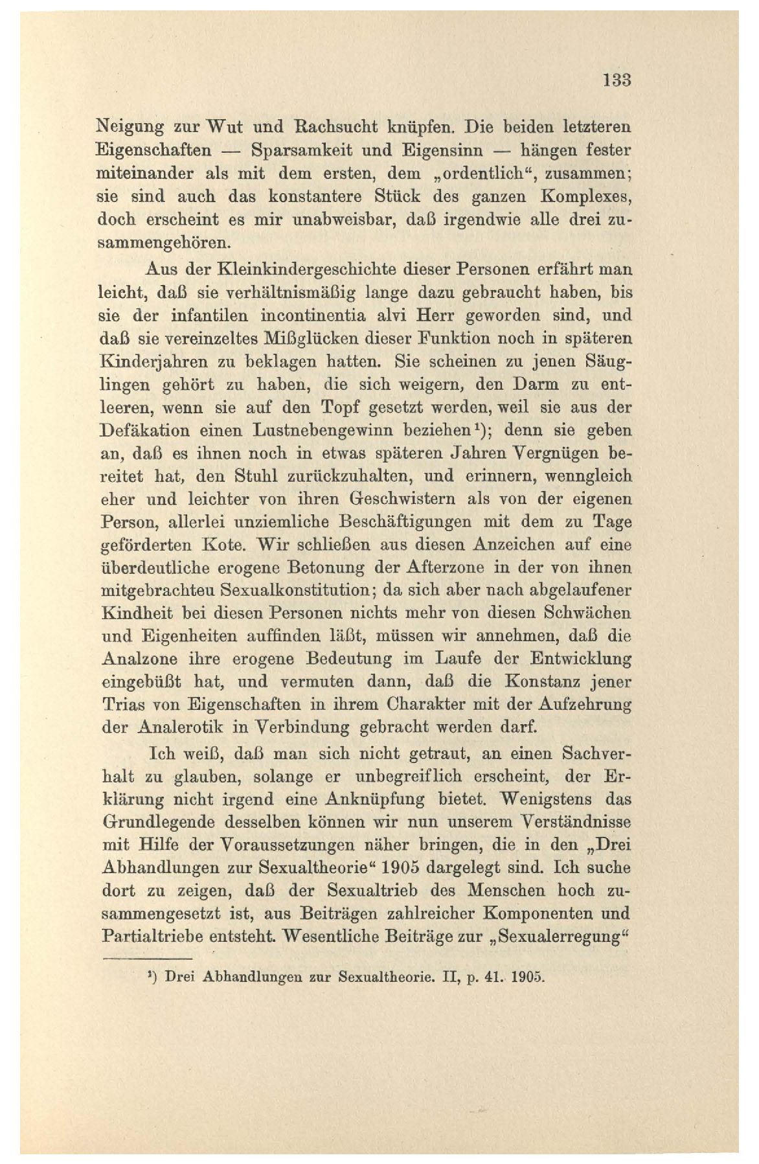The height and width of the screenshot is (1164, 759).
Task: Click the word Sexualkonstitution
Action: [295, 591]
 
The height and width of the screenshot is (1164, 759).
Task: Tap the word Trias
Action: [124, 704]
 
